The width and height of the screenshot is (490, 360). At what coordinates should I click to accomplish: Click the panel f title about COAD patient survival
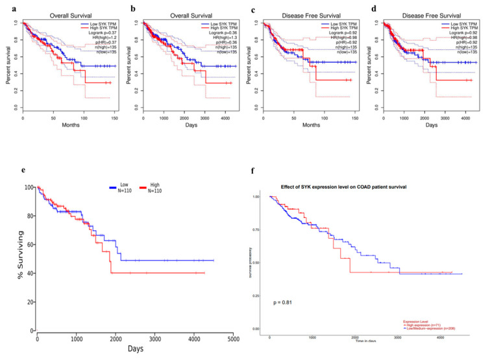click(x=343, y=187)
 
